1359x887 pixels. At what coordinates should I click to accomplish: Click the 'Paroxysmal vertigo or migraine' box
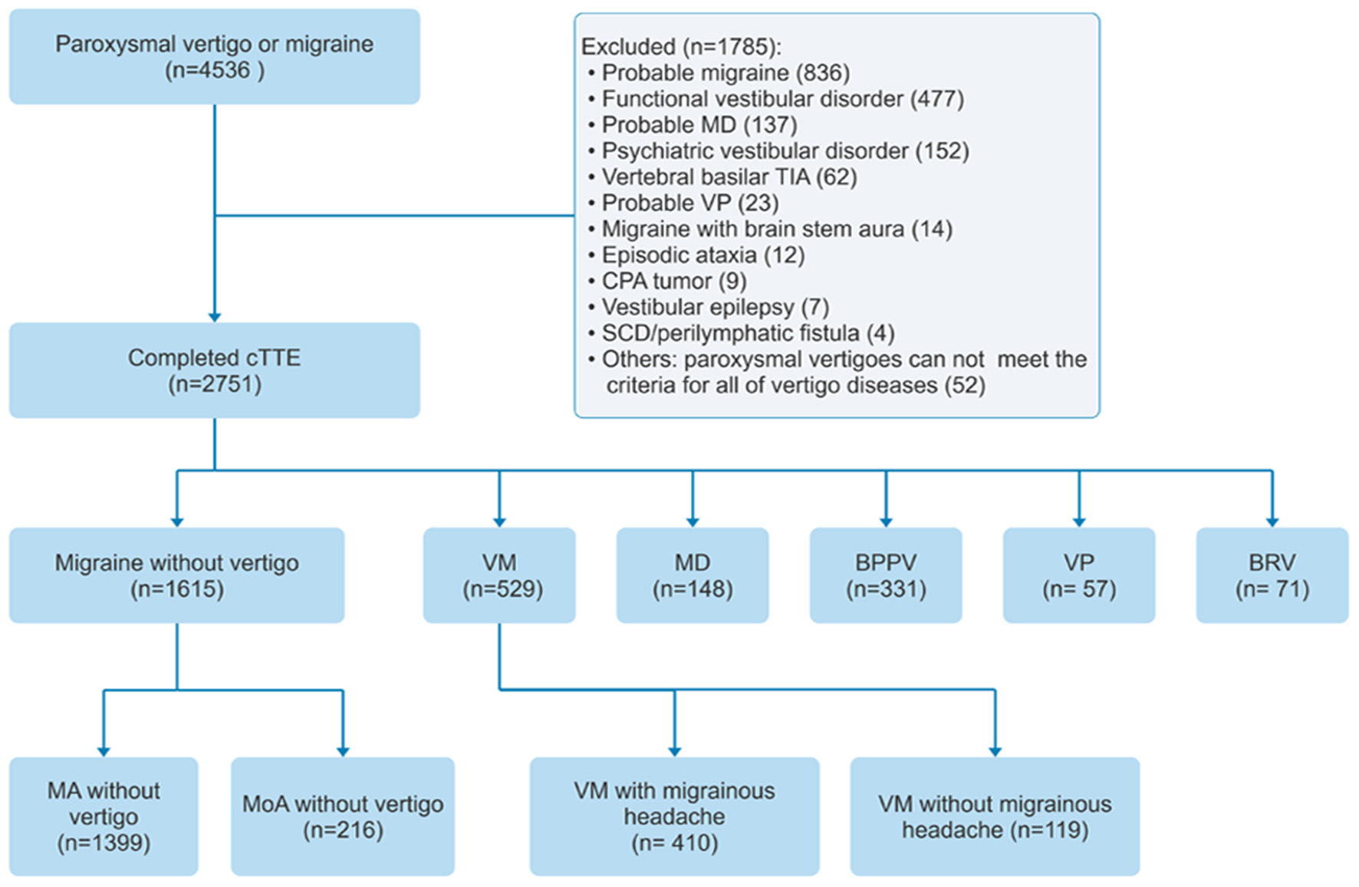pyautogui.click(x=214, y=57)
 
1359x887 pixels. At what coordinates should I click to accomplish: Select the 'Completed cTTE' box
pyautogui.click(x=214, y=370)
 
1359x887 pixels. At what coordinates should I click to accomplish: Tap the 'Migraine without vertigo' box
pyautogui.click(x=176, y=575)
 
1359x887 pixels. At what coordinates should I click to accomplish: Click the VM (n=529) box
pyautogui.click(x=499, y=575)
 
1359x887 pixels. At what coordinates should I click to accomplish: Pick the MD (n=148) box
pyautogui.click(x=693, y=575)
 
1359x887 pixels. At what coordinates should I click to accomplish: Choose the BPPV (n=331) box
pyautogui.click(x=886, y=575)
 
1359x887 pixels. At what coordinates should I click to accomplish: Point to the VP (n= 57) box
pyautogui.click(x=1079, y=575)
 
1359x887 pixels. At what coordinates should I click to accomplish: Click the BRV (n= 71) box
pyautogui.click(x=1272, y=575)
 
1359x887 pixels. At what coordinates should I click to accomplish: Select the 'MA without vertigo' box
pyautogui.click(x=104, y=816)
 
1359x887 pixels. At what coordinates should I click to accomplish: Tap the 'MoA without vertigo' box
pyautogui.click(x=343, y=816)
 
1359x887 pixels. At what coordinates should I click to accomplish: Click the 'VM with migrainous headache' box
pyautogui.click(x=674, y=816)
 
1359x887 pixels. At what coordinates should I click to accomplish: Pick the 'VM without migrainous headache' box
pyautogui.click(x=995, y=816)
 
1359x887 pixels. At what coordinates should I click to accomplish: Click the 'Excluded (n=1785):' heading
pyautogui.click(x=681, y=47)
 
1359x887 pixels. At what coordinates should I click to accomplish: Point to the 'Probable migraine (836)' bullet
pyautogui.click(x=725, y=73)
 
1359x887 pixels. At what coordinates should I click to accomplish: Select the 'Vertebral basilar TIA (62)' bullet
pyautogui.click(x=729, y=177)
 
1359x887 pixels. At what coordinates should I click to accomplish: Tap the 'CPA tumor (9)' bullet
pyautogui.click(x=673, y=282)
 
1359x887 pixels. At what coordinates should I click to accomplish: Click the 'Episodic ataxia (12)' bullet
pyautogui.click(x=703, y=256)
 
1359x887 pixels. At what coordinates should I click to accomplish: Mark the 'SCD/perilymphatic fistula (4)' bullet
pyautogui.click(x=748, y=334)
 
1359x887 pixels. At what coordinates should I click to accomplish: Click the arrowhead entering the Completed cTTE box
pyautogui.click(x=215, y=317)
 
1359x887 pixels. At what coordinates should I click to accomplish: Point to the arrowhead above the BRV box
pyautogui.click(x=1272, y=522)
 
